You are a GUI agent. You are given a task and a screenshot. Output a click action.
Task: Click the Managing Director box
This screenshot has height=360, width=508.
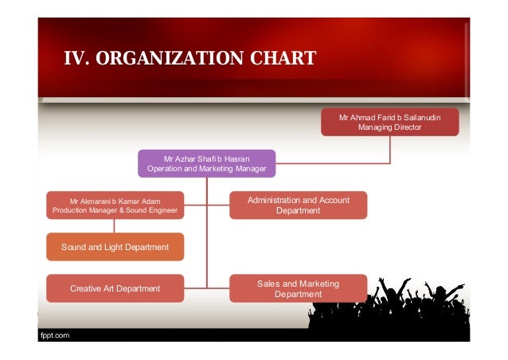click(x=389, y=122)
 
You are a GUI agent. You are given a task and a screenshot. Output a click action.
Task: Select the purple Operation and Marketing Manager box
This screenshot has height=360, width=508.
click(x=206, y=163)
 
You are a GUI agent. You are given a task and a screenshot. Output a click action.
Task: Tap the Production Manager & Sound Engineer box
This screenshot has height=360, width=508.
click(x=115, y=205)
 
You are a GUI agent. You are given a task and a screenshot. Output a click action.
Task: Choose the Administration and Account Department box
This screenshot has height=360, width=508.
click(x=298, y=205)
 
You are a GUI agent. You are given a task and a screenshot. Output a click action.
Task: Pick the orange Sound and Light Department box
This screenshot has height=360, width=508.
click(x=115, y=247)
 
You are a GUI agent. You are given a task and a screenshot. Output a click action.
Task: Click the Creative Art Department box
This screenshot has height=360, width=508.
click(x=115, y=288)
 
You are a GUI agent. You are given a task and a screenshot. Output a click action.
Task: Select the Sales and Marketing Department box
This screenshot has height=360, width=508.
click(x=298, y=288)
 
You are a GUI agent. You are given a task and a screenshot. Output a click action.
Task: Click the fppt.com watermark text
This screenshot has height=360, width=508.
click(x=55, y=335)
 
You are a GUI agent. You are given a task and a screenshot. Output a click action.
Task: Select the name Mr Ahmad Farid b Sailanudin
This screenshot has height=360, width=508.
click(x=389, y=117)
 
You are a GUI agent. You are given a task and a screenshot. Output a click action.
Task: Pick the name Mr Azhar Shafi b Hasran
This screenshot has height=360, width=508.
click(x=206, y=158)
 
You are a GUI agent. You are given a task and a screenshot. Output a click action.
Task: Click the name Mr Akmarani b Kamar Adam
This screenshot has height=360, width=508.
click(x=115, y=201)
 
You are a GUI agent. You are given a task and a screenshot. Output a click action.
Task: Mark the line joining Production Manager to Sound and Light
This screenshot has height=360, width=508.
click(x=115, y=226)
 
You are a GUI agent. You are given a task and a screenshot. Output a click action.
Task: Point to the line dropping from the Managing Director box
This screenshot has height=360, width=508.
click(x=389, y=149)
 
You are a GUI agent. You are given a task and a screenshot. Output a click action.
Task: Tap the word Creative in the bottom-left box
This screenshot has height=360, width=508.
click(x=88, y=288)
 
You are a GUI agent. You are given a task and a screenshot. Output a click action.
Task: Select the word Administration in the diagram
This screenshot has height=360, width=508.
click(x=275, y=200)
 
